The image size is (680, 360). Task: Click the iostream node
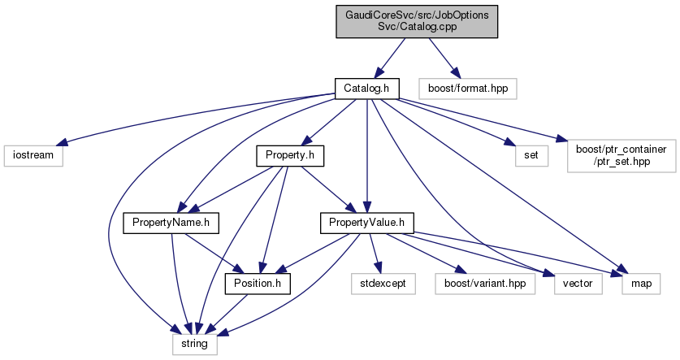point(32,154)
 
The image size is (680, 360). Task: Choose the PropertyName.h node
point(162,220)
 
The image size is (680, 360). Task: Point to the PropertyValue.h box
point(367,220)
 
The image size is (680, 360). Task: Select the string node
point(194,345)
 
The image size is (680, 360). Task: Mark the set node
point(520,154)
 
